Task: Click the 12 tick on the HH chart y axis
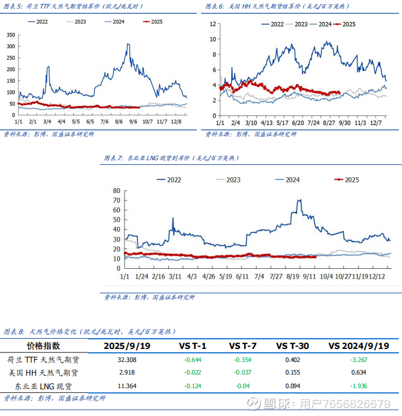(213, 24)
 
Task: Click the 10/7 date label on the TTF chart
(148, 122)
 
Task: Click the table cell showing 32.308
(127, 360)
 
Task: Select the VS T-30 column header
(292, 346)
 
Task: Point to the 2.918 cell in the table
(127, 373)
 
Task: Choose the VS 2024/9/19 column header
(359, 346)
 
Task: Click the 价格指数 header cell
(43, 346)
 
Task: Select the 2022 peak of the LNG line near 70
(299, 200)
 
